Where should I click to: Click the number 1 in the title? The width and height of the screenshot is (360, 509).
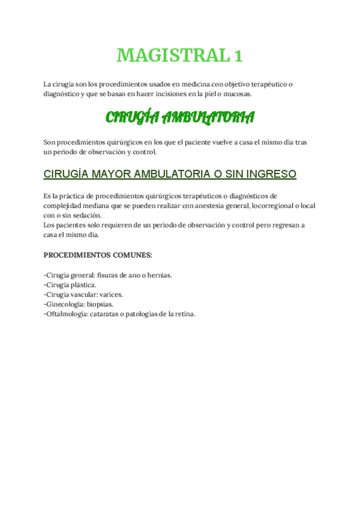238,55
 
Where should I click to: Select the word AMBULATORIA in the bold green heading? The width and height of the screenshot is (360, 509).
209,117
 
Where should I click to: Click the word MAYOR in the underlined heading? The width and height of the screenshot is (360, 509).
109,174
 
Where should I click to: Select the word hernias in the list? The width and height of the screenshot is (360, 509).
158,275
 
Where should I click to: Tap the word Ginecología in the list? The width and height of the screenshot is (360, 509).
64,304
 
